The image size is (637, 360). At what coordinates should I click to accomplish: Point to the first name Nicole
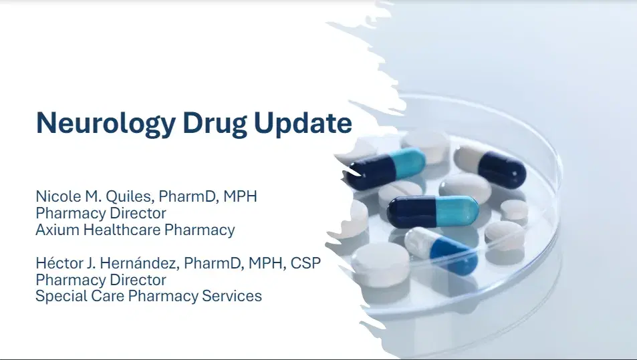coord(55,197)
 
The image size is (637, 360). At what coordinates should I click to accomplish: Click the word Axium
coord(54,230)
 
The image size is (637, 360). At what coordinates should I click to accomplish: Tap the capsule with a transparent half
coord(442,250)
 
